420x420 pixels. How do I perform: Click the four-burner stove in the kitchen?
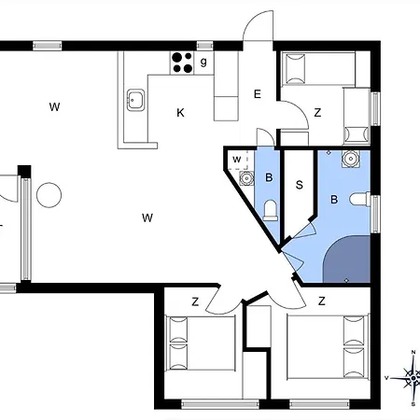(x=182, y=63)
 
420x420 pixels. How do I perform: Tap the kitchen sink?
(x=135, y=100)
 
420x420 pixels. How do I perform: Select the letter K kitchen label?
(x=180, y=113)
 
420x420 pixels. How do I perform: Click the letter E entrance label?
(x=258, y=94)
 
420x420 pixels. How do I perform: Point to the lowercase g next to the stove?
(x=203, y=62)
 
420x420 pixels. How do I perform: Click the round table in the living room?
(x=49, y=195)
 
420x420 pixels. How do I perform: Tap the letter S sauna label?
(x=300, y=185)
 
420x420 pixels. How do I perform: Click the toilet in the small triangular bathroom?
(x=271, y=210)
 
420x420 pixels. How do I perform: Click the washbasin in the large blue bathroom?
(x=351, y=159)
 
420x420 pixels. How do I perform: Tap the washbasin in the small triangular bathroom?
(x=246, y=178)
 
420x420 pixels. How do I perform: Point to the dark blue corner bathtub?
(x=347, y=259)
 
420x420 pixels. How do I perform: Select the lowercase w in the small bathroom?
(x=237, y=160)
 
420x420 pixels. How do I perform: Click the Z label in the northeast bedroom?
(x=317, y=112)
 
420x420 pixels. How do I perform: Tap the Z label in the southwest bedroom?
(x=195, y=301)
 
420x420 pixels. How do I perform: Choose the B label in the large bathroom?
(x=334, y=199)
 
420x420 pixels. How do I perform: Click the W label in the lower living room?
(x=147, y=217)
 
